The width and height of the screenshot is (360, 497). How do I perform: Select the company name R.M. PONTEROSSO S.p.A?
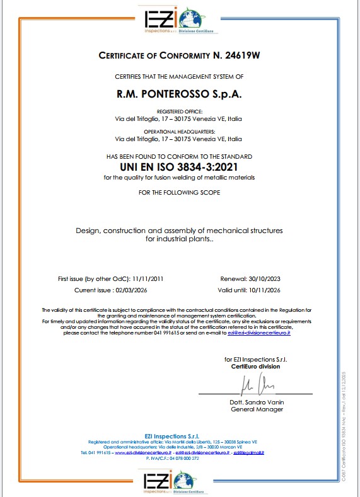tap(179, 94)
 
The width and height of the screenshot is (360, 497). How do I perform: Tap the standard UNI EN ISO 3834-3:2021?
tap(179, 167)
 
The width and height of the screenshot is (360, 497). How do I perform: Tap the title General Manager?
tap(257, 409)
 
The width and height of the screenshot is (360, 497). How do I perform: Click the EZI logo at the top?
tap(179, 19)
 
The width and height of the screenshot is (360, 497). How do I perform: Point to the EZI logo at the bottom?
tap(179, 481)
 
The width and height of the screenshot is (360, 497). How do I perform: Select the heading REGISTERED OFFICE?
tap(179, 111)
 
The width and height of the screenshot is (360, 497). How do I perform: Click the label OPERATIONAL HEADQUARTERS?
tap(179, 131)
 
